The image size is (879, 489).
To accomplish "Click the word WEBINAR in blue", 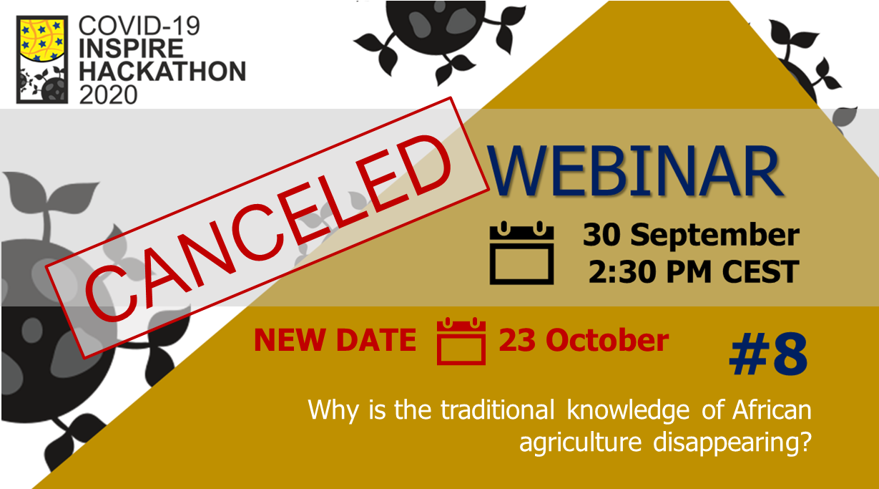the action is click(x=634, y=170).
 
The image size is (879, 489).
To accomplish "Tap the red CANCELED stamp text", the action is click(x=267, y=228).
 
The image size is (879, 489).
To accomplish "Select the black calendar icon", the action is click(x=521, y=253).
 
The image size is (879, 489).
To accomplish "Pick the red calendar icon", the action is click(x=461, y=341).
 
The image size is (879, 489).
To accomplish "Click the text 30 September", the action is click(x=691, y=235).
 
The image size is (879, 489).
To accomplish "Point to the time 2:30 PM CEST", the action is click(x=694, y=271).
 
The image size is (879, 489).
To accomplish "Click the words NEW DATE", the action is click(x=335, y=340).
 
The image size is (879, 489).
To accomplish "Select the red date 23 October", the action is click(x=584, y=340).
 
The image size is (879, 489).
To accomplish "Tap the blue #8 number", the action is click(x=768, y=354).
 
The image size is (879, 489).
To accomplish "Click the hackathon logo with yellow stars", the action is click(x=42, y=59).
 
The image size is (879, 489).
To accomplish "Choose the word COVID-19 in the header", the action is click(x=139, y=26).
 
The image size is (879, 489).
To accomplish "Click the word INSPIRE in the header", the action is click(x=131, y=49).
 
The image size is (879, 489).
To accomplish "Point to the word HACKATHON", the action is click(x=162, y=71).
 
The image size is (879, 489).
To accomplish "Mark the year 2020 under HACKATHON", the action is click(x=108, y=95).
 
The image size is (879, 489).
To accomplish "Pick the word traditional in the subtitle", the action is click(x=497, y=410).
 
